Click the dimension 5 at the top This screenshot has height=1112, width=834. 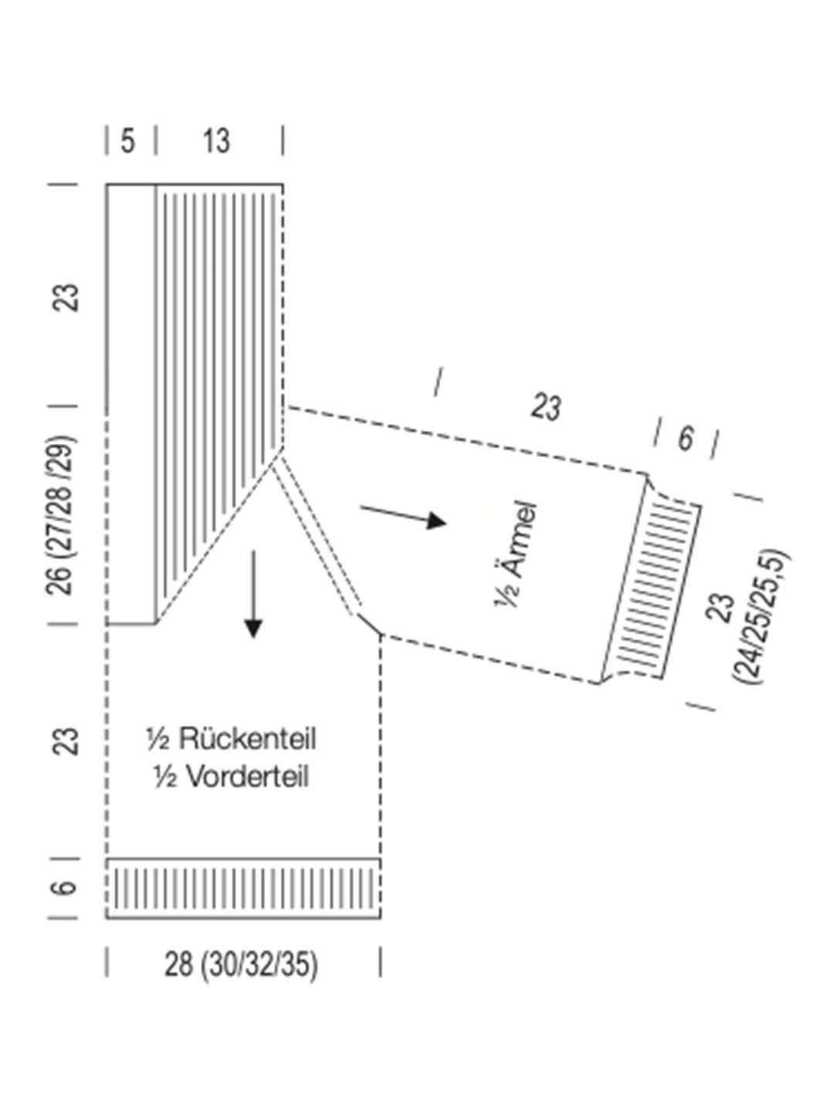pyautogui.click(x=128, y=141)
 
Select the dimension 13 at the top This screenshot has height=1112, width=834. pyautogui.click(x=216, y=141)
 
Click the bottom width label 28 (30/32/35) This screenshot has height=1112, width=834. pyautogui.click(x=241, y=965)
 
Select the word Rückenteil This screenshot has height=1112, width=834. pyautogui.click(x=247, y=739)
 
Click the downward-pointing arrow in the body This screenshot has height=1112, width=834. pyautogui.click(x=253, y=595)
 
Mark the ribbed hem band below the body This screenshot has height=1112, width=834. pyautogui.click(x=243, y=888)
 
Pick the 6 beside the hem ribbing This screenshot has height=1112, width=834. pyautogui.click(x=66, y=887)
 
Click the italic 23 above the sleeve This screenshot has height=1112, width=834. pyautogui.click(x=546, y=407)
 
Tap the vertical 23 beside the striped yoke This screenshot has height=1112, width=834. pyautogui.click(x=68, y=297)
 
